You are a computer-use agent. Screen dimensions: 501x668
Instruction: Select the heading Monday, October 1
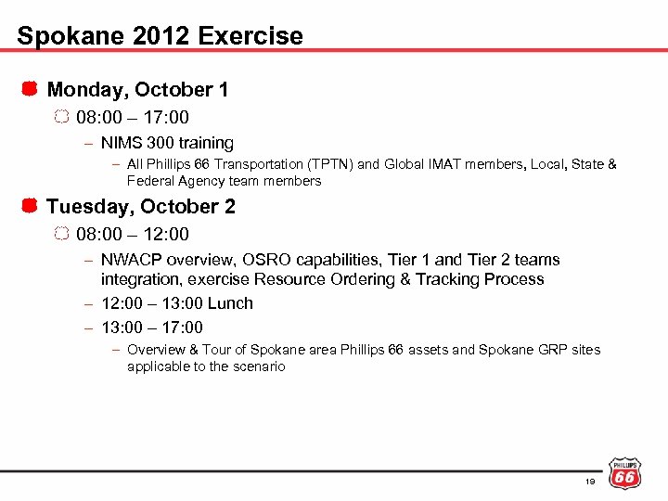coord(137,90)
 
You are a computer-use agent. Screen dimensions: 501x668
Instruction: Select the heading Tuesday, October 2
coord(141,206)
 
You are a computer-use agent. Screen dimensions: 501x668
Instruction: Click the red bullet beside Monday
coord(30,90)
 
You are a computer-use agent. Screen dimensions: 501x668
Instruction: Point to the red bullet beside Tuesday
coord(30,206)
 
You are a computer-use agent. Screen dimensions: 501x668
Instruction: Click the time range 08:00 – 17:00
coord(133,118)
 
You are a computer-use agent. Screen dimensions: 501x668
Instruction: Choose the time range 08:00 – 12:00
coord(133,235)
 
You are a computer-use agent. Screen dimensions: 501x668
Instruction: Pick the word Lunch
coord(230,303)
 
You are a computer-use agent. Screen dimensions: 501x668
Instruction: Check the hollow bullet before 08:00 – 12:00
coord(61,235)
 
